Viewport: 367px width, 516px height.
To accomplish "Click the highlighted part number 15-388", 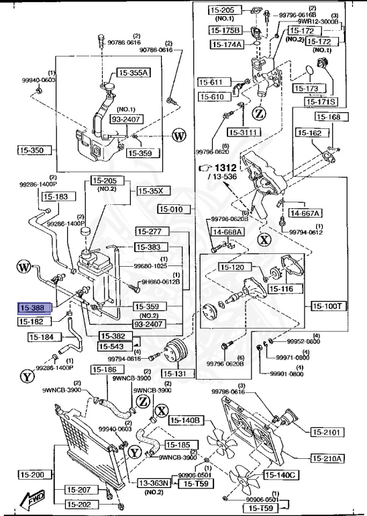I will (x=32, y=308).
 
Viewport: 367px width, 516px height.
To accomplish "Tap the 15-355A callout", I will (x=134, y=73).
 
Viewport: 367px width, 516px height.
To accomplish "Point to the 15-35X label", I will (x=150, y=191).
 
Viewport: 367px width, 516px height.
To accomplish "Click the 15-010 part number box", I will (x=171, y=210).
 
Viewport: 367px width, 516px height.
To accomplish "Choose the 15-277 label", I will (x=148, y=232).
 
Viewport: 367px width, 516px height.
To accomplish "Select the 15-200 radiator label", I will (x=32, y=475).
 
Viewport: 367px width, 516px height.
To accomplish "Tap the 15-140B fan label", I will (x=186, y=421).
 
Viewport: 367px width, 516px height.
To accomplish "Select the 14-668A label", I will (x=228, y=232).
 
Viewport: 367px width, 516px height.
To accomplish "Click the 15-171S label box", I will (x=321, y=102).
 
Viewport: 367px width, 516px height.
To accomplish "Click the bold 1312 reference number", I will (x=226, y=167).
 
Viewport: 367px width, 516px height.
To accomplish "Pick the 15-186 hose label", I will (x=105, y=370).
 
